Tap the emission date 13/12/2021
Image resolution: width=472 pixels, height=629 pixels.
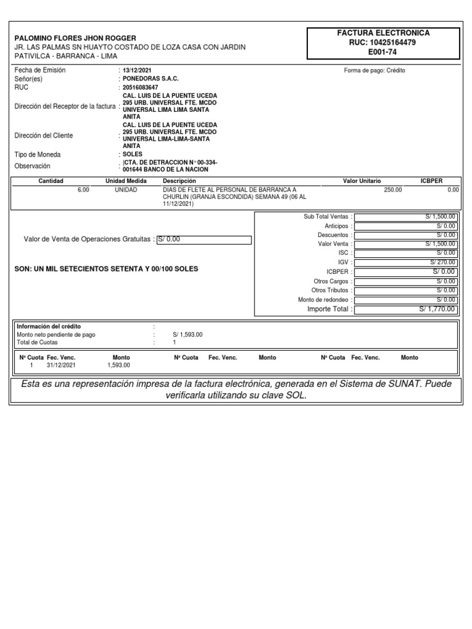click(136, 71)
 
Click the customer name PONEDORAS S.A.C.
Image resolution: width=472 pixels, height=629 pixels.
click(151, 79)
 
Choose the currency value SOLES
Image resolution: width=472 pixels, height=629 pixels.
click(132, 154)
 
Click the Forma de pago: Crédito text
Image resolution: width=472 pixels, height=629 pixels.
click(374, 71)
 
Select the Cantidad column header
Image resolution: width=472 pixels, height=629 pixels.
click(51, 181)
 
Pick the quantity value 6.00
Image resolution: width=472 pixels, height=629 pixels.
click(84, 190)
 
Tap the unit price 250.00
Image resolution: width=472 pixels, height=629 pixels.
click(393, 190)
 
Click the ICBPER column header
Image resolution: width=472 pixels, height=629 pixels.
click(431, 181)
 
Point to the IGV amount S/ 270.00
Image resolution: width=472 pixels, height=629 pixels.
click(443, 262)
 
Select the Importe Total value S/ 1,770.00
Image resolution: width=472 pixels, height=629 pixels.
click(438, 309)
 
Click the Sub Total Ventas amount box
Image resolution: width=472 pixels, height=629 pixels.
click(406, 217)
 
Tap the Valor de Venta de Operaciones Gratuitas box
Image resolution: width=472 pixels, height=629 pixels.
click(204, 240)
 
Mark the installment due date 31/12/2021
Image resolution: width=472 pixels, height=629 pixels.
click(61, 365)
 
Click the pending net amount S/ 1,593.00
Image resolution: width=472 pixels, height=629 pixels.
click(187, 335)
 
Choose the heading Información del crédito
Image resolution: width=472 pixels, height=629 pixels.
click(49, 326)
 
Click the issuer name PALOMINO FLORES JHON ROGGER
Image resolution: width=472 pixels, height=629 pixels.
click(76, 38)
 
